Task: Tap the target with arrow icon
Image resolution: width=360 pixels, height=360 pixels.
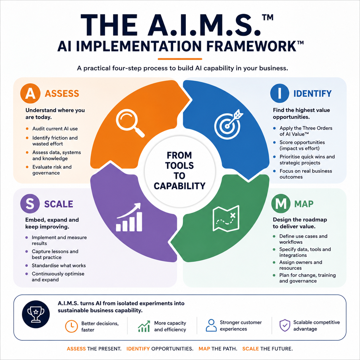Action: (228, 124)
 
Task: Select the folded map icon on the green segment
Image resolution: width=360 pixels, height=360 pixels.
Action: (226, 218)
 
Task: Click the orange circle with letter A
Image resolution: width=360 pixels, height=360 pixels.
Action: (30, 93)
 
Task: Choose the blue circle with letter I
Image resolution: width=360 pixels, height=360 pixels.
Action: (280, 93)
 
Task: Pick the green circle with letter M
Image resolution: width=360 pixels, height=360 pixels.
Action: (281, 204)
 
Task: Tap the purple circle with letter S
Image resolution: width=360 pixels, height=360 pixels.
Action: (30, 204)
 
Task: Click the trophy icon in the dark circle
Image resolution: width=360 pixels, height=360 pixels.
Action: (36, 314)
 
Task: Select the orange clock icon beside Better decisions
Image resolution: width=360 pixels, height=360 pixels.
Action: (71, 326)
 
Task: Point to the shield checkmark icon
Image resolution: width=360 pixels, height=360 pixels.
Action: (285, 325)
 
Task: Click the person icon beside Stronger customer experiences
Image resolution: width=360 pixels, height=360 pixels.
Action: (211, 325)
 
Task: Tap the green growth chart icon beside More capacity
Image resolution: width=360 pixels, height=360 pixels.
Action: (144, 326)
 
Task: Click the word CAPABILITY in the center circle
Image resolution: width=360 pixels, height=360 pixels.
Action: (179, 186)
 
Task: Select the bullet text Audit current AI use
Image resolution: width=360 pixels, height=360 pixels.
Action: (55, 129)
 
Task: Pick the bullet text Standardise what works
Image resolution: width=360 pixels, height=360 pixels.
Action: (59, 266)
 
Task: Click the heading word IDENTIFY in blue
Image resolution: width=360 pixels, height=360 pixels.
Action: (312, 94)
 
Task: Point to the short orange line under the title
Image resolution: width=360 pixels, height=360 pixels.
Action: (180, 59)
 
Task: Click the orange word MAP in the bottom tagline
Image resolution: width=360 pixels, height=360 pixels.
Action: (204, 349)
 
